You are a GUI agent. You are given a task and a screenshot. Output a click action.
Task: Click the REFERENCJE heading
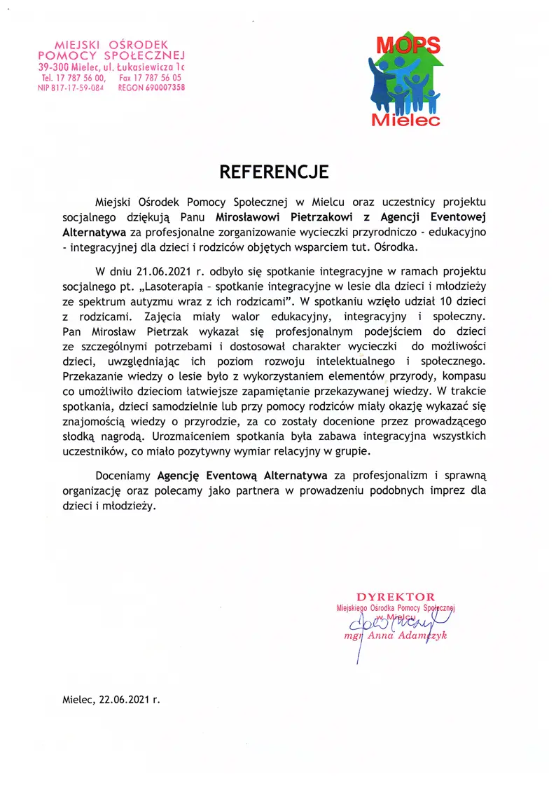point(274,172)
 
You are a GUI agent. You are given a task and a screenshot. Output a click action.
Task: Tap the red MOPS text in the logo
point(408,46)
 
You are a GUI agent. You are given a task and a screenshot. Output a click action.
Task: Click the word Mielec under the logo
point(406,120)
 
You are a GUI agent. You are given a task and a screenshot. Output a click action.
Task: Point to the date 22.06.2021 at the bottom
point(124,699)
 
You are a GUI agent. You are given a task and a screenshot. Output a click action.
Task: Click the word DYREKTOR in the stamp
point(395,597)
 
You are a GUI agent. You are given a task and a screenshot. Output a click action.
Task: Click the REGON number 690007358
point(161,88)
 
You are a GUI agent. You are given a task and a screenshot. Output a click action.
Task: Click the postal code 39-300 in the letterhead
point(54,67)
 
